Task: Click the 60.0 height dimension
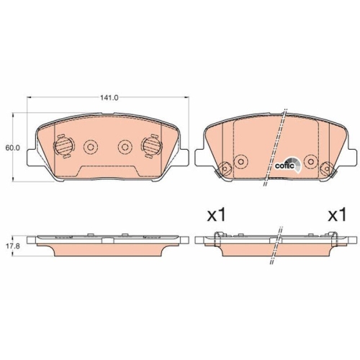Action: [12, 148]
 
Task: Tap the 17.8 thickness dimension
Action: [12, 246]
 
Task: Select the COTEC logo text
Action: [285, 165]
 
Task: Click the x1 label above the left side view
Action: [217, 215]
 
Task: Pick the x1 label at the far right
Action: [337, 215]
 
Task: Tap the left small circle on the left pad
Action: [91, 147]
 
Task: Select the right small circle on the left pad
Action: [125, 147]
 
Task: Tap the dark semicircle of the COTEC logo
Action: [292, 159]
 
